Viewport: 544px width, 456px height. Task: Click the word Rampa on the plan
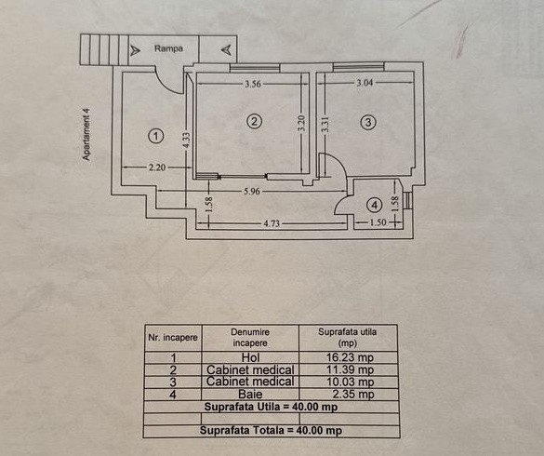tap(168, 48)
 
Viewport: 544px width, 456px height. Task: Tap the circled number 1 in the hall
tap(156, 136)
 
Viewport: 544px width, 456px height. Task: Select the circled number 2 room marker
tap(254, 122)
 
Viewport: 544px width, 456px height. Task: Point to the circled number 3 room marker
tap(368, 122)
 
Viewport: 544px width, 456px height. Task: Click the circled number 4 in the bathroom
tap(375, 205)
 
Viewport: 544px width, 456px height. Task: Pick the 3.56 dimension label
tap(253, 84)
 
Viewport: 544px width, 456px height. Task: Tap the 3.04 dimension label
tap(365, 83)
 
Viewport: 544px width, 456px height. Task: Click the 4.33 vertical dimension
tap(186, 141)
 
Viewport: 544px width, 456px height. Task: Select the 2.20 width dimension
tap(157, 168)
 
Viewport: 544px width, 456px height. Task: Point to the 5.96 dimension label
tap(251, 192)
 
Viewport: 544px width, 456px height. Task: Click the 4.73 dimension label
tap(272, 223)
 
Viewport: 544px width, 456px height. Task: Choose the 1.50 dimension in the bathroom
tap(378, 221)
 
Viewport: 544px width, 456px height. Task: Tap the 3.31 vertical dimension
tap(325, 124)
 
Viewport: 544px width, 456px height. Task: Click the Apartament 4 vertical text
tap(86, 134)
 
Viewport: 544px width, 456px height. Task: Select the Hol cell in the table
tap(250, 357)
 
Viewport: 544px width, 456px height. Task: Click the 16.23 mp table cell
tap(350, 357)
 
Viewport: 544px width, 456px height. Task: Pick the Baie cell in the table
tap(250, 395)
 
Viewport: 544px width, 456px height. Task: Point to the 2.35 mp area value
tap(353, 395)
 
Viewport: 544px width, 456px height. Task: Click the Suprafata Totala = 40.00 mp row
tap(271, 431)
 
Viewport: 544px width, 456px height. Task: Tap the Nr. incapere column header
tap(173, 338)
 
